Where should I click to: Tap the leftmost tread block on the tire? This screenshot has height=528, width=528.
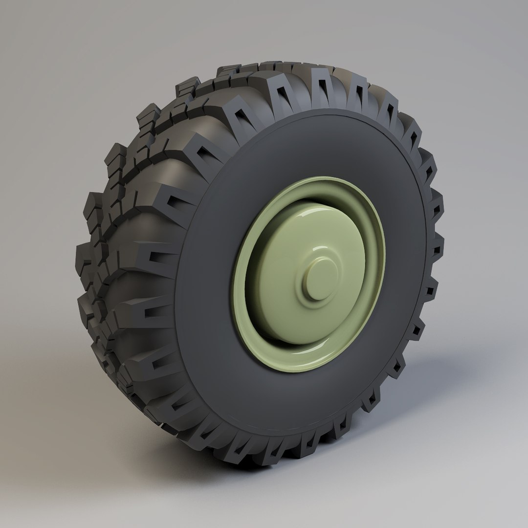(83, 254)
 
